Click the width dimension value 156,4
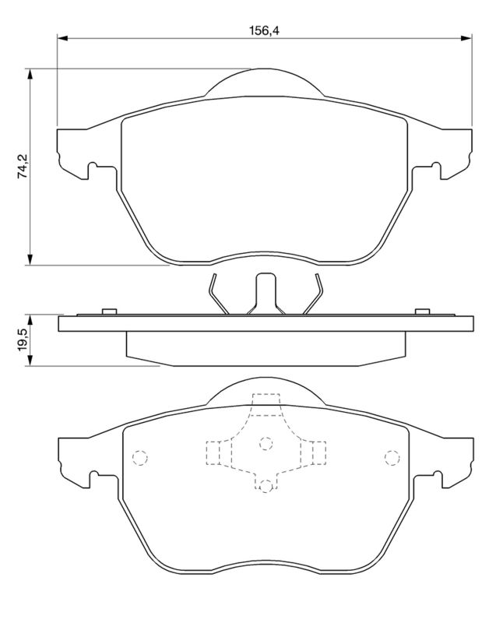264,30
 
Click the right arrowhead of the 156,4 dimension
466,37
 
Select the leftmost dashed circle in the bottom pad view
141,457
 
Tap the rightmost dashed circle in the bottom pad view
389,457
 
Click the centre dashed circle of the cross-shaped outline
266,444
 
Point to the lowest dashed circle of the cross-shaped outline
266,485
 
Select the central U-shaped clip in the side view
266,291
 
